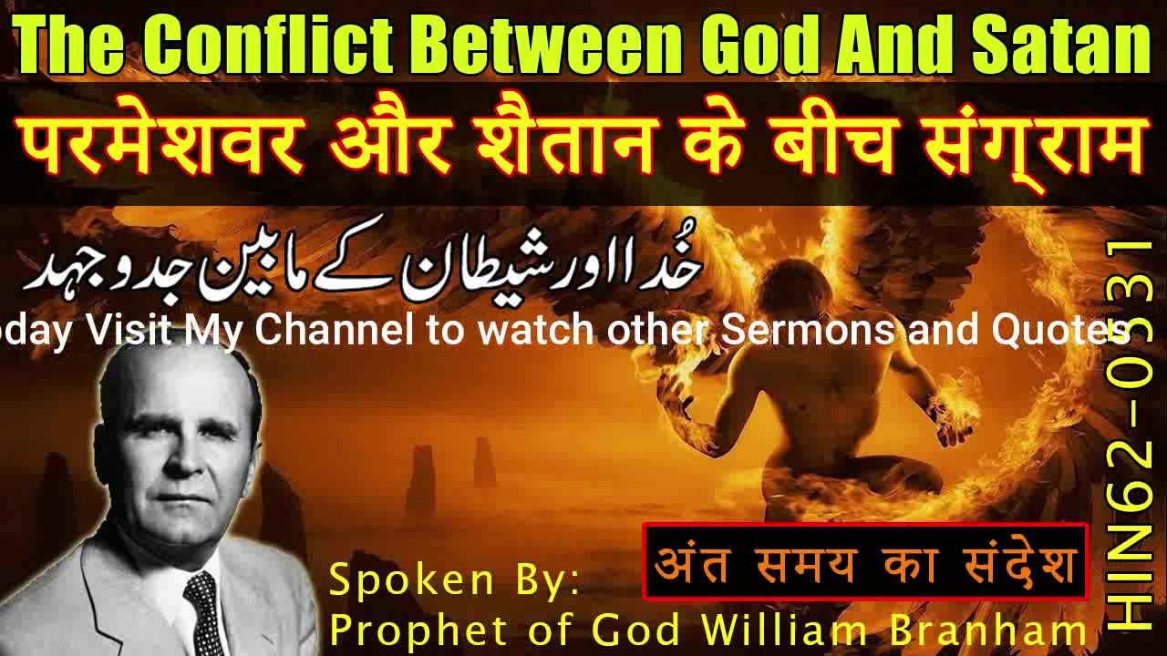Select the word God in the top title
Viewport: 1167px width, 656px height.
pos(752,45)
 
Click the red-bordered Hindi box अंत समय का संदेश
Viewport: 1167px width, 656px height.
pos(865,561)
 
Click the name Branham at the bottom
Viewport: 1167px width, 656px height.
pos(997,629)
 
